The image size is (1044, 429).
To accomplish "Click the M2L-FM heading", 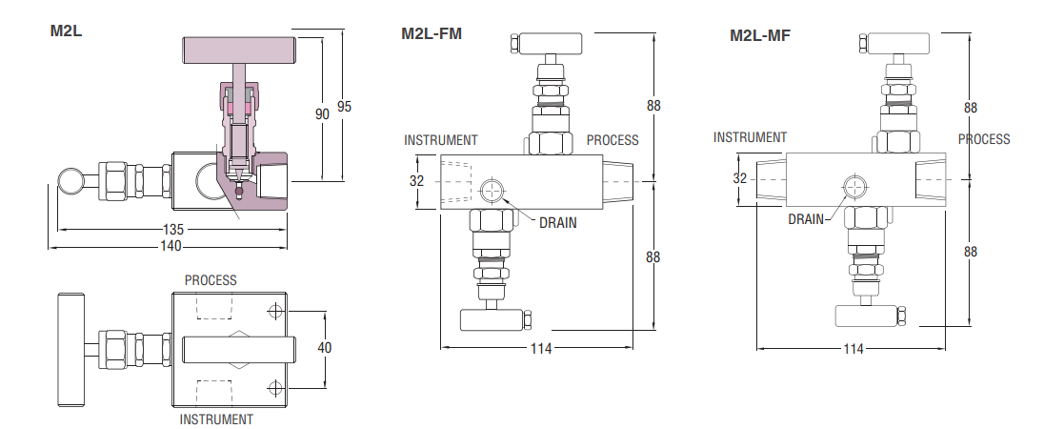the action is pyautogui.click(x=431, y=33).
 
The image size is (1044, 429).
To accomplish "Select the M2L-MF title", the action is pyautogui.click(x=760, y=35).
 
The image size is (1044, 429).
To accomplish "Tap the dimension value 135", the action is pyautogui.click(x=172, y=230).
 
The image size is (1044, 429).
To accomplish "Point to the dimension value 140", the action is pyautogui.click(x=171, y=247).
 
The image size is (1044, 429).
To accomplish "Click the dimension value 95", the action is pyautogui.click(x=344, y=107).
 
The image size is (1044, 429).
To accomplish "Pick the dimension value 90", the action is pyautogui.click(x=322, y=113).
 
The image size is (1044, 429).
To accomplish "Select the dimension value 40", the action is pyautogui.click(x=324, y=348).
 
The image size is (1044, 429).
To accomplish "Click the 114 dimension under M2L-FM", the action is pyautogui.click(x=541, y=348).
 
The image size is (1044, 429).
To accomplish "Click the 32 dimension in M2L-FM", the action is pyautogui.click(x=416, y=180).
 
